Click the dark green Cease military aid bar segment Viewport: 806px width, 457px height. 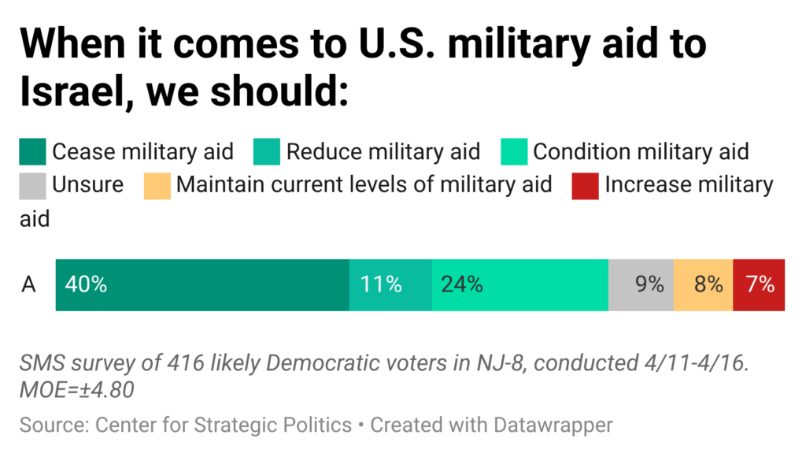pyautogui.click(x=202, y=284)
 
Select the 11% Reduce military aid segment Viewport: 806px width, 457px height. pyautogui.click(x=390, y=284)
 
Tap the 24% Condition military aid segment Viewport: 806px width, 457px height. pyautogui.click(x=519, y=284)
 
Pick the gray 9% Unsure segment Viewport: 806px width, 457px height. pyautogui.click(x=641, y=284)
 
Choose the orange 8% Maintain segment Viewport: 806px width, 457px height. pyautogui.click(x=703, y=284)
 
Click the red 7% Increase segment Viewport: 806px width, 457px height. pyautogui.click(x=759, y=284)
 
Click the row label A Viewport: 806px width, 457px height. pyautogui.click(x=28, y=284)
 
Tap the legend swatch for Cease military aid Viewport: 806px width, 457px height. pyautogui.click(x=32, y=151)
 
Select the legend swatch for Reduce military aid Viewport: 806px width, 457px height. pyautogui.click(x=267, y=151)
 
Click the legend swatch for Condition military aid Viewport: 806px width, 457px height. pyautogui.click(x=514, y=151)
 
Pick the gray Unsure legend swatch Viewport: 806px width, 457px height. pyautogui.click(x=32, y=185)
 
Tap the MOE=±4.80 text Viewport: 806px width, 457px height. pyautogui.click(x=77, y=389)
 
